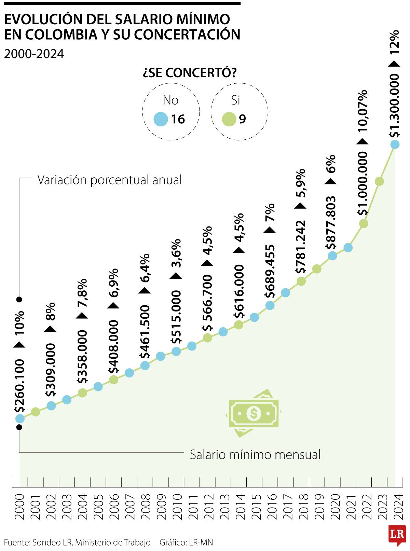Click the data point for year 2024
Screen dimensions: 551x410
coord(395,144)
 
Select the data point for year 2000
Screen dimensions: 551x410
coord(20,418)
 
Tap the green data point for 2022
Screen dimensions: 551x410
coord(364,223)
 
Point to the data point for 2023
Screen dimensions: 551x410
coord(379,181)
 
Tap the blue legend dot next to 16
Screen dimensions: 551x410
coord(161,119)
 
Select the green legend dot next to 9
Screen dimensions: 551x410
coord(229,119)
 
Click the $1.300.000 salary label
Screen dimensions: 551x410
coord(394,106)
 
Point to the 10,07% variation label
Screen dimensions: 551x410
coord(363,111)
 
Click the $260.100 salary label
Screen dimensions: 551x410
coord(19,386)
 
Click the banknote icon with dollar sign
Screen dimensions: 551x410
coord(254,413)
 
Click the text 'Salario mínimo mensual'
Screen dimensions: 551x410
coord(255,455)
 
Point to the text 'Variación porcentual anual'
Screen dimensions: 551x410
coord(109,180)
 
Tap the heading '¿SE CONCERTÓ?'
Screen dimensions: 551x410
coord(190,72)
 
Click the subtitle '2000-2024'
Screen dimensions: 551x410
coord(34,54)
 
